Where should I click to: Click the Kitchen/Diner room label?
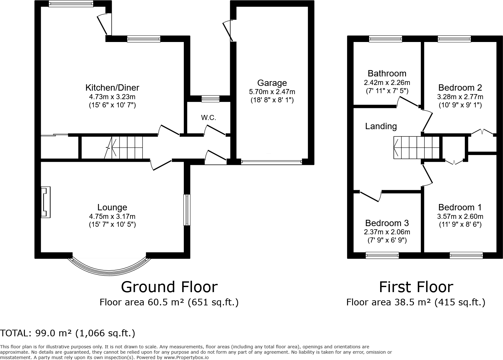click(112, 87)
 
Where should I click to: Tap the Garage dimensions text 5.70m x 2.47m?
click(272, 92)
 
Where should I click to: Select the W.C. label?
click(209, 117)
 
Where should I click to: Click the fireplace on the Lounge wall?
click(45, 202)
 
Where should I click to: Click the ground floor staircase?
click(123, 147)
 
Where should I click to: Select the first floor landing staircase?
click(416, 148)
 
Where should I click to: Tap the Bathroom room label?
click(387, 74)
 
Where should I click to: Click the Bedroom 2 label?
click(460, 87)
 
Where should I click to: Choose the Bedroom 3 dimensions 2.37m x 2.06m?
click(387, 232)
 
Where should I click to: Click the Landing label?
click(381, 126)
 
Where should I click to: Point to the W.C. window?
click(210, 99)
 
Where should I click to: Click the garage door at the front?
click(272, 162)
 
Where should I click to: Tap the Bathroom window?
click(385, 39)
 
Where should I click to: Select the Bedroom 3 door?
click(370, 196)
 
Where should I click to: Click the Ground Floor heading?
click(169, 287)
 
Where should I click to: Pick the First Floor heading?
click(416, 287)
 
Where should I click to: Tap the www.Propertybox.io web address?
click(186, 357)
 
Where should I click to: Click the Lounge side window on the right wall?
click(187, 210)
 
